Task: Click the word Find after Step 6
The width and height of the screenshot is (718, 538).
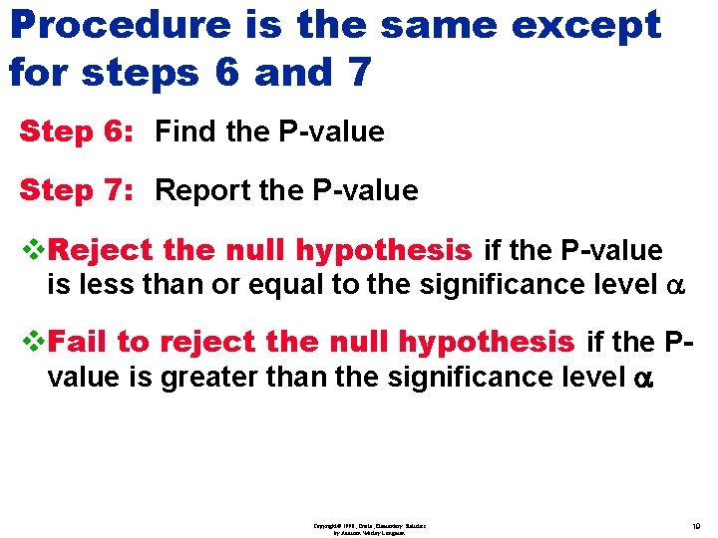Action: click(x=188, y=132)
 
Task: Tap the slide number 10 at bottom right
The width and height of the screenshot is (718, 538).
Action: click(x=694, y=525)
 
